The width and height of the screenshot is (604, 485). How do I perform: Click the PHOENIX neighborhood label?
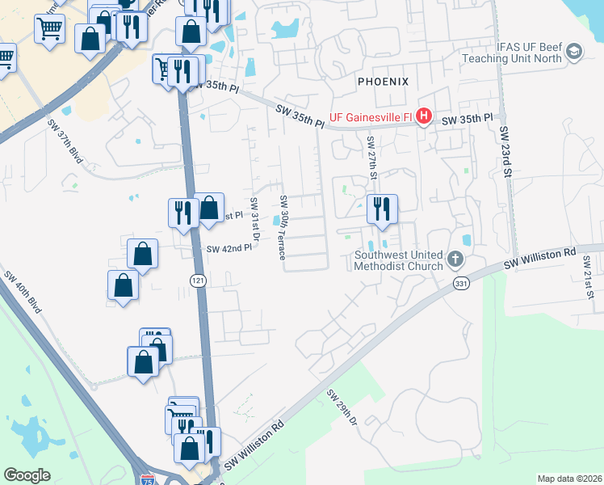pos(384,82)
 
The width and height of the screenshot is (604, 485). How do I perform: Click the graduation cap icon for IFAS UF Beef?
pos(574,53)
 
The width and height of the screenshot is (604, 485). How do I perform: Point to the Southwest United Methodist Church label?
pos(399,259)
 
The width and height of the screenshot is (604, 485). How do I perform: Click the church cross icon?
pos(455,259)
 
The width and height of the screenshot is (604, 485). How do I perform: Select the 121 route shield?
pos(197,280)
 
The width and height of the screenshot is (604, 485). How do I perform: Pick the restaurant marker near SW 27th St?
pos(380,209)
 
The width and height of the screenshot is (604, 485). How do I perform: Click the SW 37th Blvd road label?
pos(65,143)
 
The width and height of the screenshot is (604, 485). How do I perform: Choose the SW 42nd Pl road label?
pos(229,248)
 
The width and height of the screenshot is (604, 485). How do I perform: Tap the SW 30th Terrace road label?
pos(283,226)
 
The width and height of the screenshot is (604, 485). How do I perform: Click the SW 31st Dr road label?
pos(253,218)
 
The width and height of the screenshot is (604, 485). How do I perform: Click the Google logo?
pos(27,475)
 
